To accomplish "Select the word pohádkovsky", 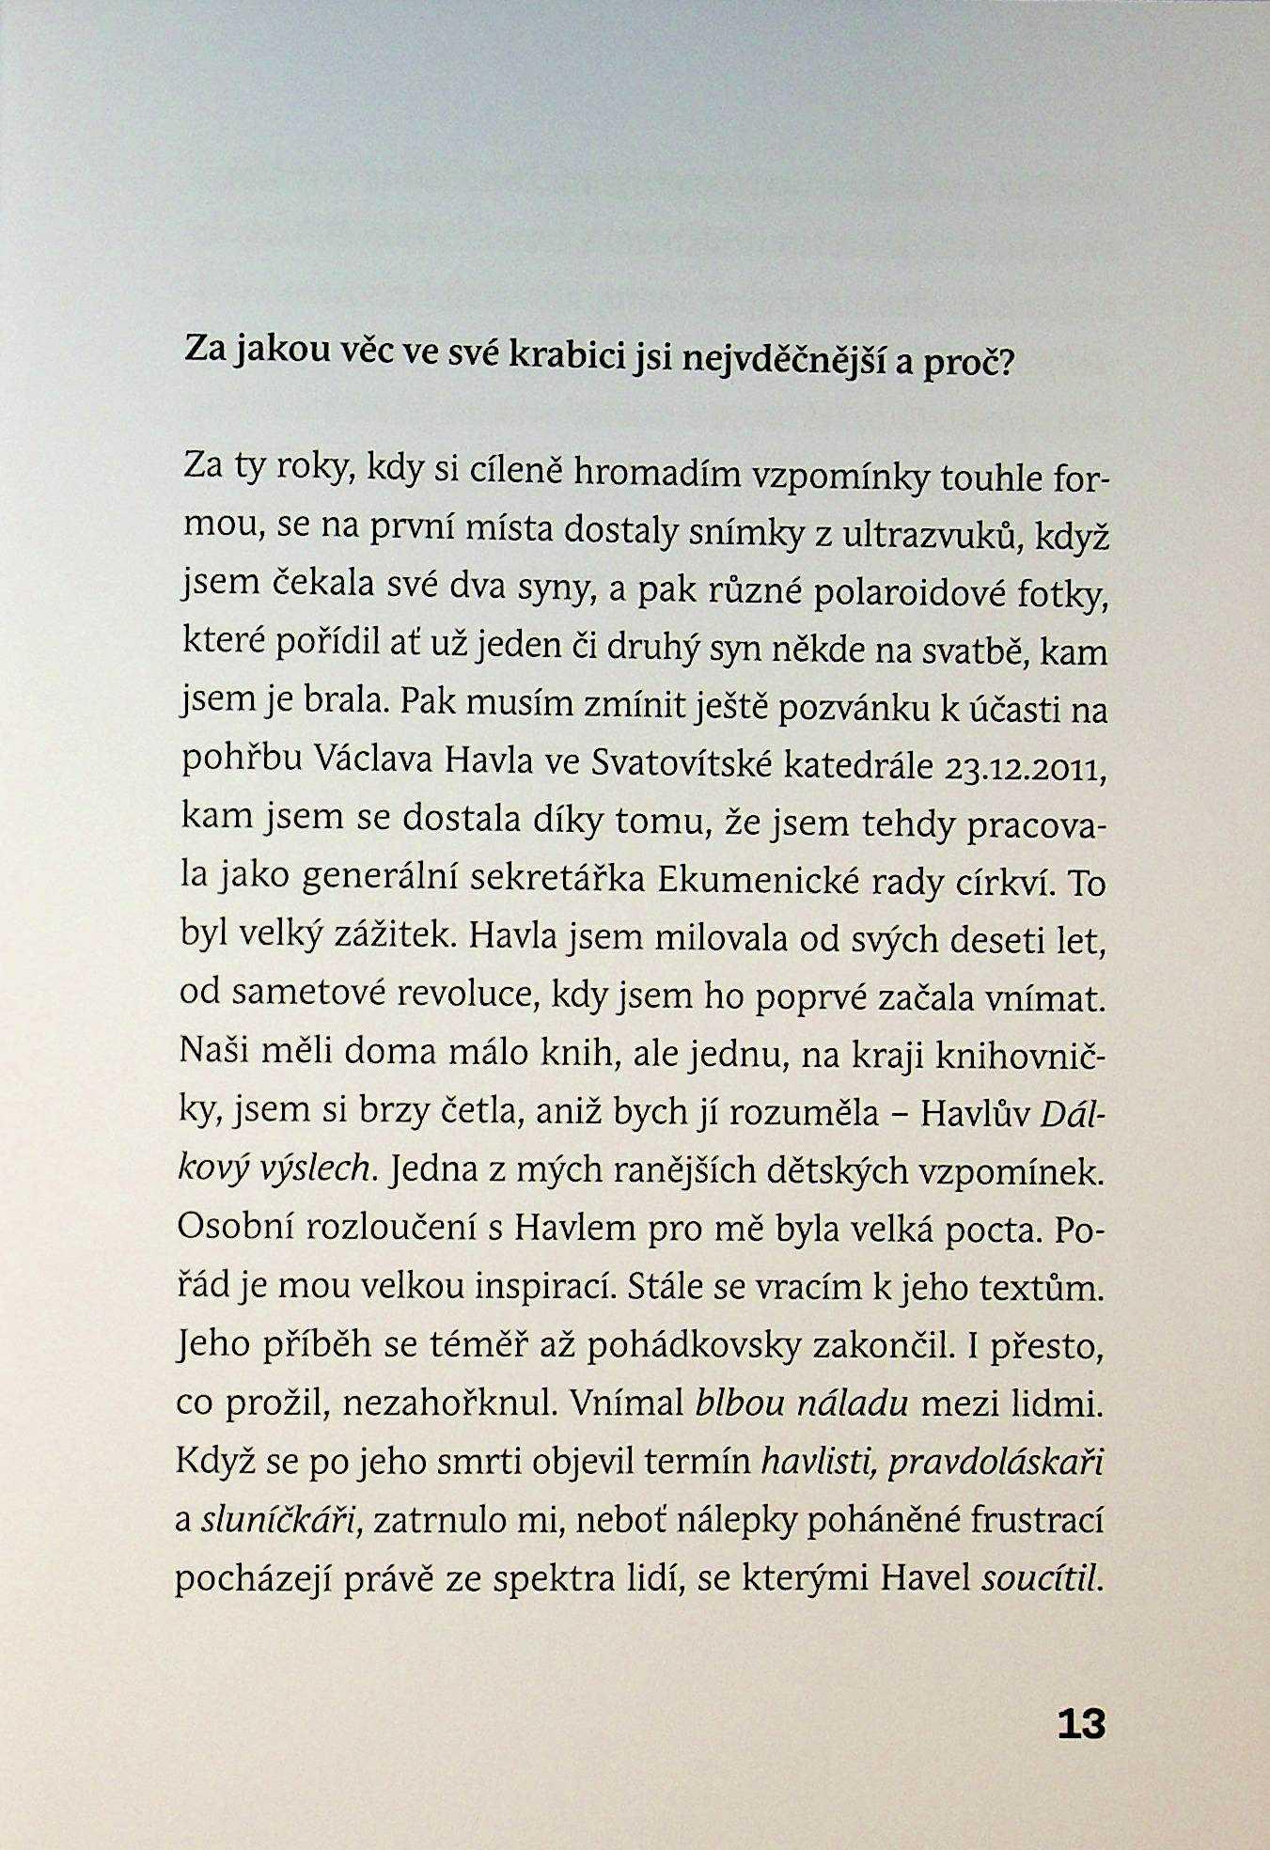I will point(696,1346).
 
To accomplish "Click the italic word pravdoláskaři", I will point(995,1463).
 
